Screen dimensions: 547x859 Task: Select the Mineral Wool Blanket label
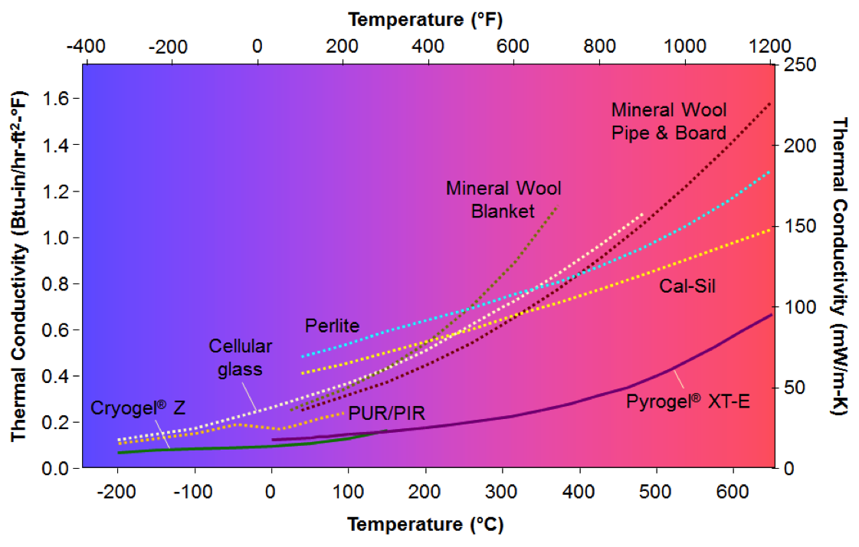click(x=503, y=199)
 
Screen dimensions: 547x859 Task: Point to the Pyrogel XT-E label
click(x=687, y=399)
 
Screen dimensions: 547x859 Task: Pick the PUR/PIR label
click(x=386, y=414)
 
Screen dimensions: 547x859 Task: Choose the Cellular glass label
click(x=236, y=358)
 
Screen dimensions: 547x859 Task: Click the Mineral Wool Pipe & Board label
click(x=668, y=121)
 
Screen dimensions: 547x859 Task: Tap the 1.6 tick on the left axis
click(x=57, y=99)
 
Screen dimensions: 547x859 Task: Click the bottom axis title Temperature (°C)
click(x=425, y=525)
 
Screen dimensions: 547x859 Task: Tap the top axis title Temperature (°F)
click(x=425, y=17)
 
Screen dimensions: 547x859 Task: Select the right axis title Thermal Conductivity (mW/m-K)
click(x=840, y=266)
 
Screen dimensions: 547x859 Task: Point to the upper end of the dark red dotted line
click(x=769, y=103)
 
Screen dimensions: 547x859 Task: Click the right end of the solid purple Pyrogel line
click(x=770, y=315)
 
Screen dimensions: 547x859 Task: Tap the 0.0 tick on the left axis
click(x=57, y=468)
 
